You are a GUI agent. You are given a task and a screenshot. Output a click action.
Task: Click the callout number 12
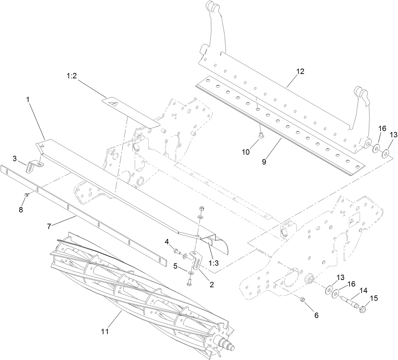300,71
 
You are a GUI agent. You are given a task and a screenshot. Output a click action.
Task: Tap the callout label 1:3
213,263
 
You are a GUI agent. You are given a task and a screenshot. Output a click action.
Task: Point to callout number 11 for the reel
105,331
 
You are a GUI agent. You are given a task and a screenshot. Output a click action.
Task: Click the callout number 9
264,161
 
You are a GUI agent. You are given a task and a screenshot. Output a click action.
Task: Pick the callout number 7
49,226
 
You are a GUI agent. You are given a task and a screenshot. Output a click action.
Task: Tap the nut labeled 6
302,299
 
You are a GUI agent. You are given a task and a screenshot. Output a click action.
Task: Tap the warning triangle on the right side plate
352,221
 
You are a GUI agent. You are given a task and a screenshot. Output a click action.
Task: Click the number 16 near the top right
382,128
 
